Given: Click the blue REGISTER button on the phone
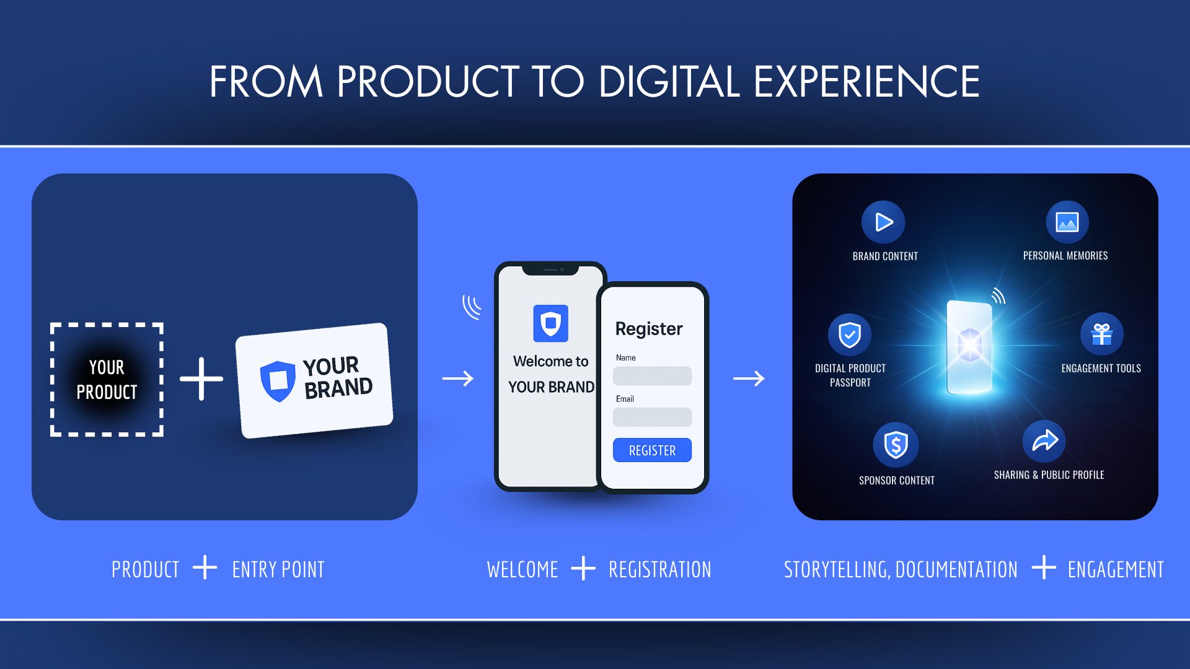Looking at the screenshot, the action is click(x=652, y=450).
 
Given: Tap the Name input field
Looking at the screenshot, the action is click(x=652, y=376).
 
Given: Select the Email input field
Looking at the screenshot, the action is click(x=652, y=417).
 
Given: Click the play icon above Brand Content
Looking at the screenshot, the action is click(x=883, y=222).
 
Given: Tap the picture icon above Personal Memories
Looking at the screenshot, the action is click(x=1067, y=222).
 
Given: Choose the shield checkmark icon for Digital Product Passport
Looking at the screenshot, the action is click(x=850, y=334).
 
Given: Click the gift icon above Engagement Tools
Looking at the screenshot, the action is click(x=1101, y=334).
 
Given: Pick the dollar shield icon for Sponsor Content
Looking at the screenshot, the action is click(x=896, y=444).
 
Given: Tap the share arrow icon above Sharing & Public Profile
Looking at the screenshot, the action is click(x=1044, y=441).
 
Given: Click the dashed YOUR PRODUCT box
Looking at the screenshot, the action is click(x=107, y=380).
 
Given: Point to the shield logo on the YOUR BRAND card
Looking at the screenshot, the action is click(x=277, y=381).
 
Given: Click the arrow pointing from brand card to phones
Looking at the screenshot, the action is click(x=458, y=378).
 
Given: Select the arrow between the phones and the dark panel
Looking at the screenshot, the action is click(x=749, y=378).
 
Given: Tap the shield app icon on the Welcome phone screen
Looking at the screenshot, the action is click(x=550, y=323).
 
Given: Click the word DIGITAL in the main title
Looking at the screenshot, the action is click(x=669, y=82).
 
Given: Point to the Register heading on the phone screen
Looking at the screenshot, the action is click(x=649, y=329).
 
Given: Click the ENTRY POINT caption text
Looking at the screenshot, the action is click(x=278, y=569).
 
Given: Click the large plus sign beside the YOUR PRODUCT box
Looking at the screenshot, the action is click(x=201, y=378).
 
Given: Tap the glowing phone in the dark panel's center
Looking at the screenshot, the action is click(x=969, y=347).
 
